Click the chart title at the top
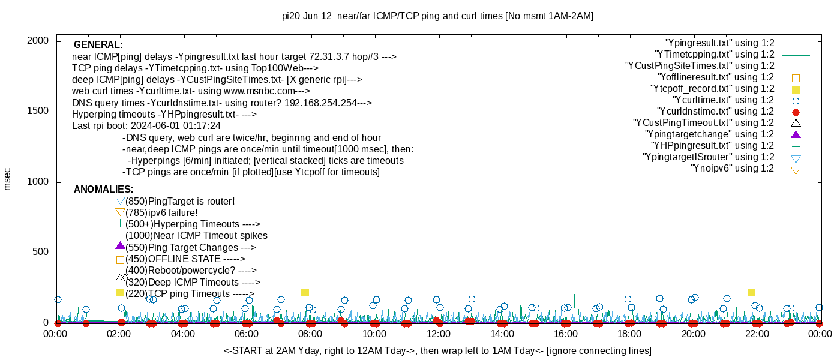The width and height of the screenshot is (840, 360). tap(437, 16)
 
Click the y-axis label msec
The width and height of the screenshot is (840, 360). tap(8, 179)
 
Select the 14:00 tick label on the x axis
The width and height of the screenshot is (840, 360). tap(502, 334)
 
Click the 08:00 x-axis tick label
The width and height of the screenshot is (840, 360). tap(310, 334)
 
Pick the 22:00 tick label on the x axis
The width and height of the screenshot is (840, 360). tap(757, 334)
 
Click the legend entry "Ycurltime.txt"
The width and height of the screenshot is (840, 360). tap(723, 100)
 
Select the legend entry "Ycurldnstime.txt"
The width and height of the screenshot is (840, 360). tap(716, 112)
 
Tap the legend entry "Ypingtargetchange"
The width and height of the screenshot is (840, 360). tap(709, 134)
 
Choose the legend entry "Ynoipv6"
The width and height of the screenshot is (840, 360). tap(732, 169)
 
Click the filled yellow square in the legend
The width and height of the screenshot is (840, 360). tap(796, 89)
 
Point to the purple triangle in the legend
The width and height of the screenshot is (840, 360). tap(796, 134)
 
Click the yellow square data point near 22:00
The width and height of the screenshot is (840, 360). tap(751, 292)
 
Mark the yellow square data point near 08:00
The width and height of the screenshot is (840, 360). tap(305, 292)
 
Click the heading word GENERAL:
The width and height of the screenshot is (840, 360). tap(98, 45)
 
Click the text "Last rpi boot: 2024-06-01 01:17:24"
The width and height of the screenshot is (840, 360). tap(146, 126)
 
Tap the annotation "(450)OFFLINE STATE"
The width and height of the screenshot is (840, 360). tap(185, 259)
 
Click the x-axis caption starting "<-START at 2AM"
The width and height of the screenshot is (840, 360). tap(437, 350)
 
